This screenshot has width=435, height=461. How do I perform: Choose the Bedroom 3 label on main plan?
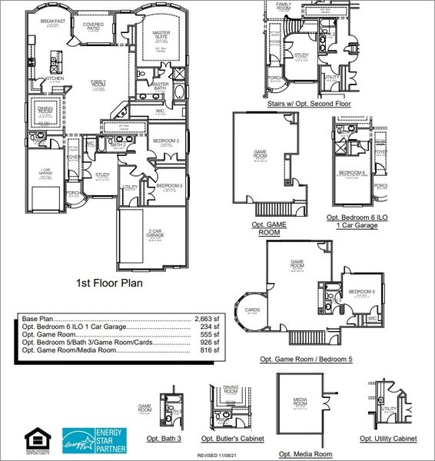tap(168, 186)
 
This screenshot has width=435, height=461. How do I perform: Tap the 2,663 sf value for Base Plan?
tap(207, 318)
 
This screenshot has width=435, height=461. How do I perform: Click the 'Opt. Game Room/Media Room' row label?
tap(69, 350)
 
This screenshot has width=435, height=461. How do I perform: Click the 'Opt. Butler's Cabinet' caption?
tap(232, 438)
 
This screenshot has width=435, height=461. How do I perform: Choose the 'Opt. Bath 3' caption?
tap(164, 438)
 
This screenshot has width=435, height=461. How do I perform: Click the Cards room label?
tap(251, 312)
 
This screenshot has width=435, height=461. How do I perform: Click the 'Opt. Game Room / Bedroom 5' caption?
tap(306, 359)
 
